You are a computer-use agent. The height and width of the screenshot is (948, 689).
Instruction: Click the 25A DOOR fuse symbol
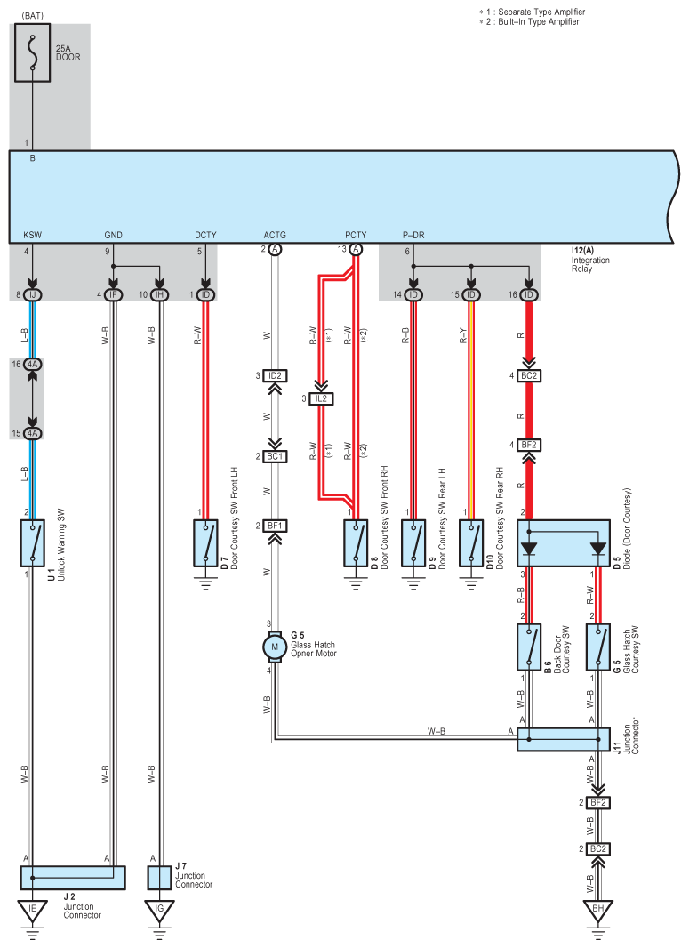[33, 52]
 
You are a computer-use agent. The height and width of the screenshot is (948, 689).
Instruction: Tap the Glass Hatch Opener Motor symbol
[275, 647]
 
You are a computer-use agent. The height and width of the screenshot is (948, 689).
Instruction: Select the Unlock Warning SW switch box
[33, 543]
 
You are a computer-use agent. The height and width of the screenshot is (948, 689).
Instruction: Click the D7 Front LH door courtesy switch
[205, 543]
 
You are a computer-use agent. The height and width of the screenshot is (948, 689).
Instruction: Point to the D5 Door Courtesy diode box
[564, 543]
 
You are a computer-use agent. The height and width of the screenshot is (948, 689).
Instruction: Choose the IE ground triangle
[33, 911]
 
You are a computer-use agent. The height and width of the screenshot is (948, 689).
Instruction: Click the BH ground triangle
[597, 911]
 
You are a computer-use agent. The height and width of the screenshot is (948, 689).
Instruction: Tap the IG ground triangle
[159, 911]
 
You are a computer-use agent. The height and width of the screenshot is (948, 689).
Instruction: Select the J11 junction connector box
[564, 739]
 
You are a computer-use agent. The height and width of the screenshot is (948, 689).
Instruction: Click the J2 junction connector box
[73, 877]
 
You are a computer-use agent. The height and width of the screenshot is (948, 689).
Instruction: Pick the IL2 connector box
[321, 399]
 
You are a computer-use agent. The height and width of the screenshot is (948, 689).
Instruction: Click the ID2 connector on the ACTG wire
[275, 375]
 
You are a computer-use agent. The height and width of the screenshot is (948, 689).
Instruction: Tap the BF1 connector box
[275, 526]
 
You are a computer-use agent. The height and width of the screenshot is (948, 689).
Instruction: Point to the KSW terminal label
[33, 235]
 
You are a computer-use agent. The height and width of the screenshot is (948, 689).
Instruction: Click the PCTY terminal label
[356, 235]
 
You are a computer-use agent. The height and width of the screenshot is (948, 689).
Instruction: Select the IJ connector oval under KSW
[33, 295]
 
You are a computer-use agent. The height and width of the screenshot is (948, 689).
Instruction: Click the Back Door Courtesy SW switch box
[529, 647]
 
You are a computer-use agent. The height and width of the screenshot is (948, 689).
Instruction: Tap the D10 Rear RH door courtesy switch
[471, 543]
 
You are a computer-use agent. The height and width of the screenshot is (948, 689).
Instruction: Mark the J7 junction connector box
[159, 877]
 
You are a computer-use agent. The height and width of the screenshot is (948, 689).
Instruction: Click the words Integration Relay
[590, 264]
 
